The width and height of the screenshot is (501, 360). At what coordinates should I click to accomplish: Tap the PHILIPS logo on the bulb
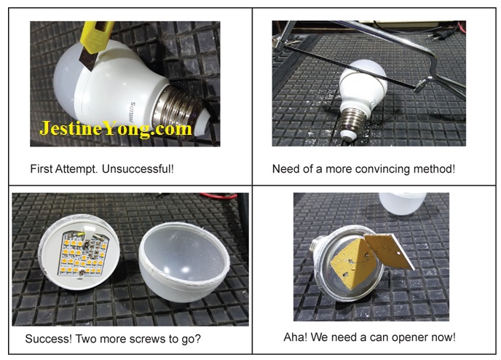[x=133, y=113]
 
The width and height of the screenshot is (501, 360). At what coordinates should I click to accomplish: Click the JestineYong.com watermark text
[x=116, y=129]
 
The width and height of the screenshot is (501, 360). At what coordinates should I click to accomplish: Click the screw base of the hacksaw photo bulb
[x=352, y=123]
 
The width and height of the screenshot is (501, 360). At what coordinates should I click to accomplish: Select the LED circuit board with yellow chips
[x=83, y=254]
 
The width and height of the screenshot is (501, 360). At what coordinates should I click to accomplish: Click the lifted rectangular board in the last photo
[x=390, y=250]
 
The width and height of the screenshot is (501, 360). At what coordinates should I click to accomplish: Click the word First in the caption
[x=42, y=168]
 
